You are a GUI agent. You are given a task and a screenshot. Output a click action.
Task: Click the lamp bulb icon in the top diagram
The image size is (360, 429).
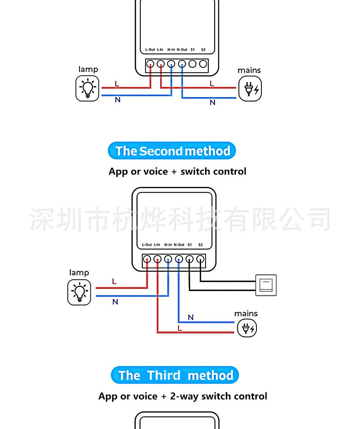(x=87, y=88)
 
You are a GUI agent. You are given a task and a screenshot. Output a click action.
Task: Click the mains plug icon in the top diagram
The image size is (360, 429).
(x=250, y=88)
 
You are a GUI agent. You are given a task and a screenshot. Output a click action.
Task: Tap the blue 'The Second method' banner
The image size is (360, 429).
(x=172, y=151)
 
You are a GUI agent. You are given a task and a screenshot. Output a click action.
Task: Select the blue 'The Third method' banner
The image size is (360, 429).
(x=175, y=375)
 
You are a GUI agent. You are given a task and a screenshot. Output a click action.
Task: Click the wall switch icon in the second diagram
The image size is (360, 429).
(x=266, y=285)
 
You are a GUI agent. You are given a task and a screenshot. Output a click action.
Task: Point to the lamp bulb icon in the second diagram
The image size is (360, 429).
(x=79, y=292)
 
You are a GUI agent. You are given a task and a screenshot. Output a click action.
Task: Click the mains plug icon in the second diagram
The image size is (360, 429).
(x=247, y=329)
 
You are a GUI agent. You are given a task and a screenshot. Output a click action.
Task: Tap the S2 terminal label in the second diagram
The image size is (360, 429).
(x=200, y=245)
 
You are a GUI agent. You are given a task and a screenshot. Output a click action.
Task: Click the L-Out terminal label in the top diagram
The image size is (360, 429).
(x=150, y=49)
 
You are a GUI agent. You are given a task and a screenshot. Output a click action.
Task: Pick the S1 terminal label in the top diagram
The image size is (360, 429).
(x=192, y=49)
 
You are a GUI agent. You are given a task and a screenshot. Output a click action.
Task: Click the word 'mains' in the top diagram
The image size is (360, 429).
(x=249, y=70)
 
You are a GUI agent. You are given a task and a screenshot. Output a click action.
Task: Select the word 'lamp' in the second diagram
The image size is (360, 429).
(x=79, y=272)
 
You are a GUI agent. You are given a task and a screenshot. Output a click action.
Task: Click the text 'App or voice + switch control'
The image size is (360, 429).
(x=177, y=171)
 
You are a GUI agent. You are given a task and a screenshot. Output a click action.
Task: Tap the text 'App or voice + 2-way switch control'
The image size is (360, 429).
(x=183, y=396)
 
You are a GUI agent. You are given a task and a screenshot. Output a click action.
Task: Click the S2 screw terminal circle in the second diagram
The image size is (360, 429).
(x=201, y=259)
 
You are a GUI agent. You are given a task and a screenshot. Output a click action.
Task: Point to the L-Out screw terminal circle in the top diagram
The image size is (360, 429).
(x=150, y=64)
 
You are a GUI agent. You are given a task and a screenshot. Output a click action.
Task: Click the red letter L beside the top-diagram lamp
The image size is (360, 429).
(x=117, y=84)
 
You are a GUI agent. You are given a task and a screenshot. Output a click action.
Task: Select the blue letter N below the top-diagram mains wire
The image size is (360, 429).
(x=213, y=102)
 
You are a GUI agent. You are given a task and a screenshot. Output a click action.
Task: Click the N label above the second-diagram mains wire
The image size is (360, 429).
(x=190, y=317)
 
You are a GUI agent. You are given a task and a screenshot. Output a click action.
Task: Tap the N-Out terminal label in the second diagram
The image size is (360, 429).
(x=179, y=245)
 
